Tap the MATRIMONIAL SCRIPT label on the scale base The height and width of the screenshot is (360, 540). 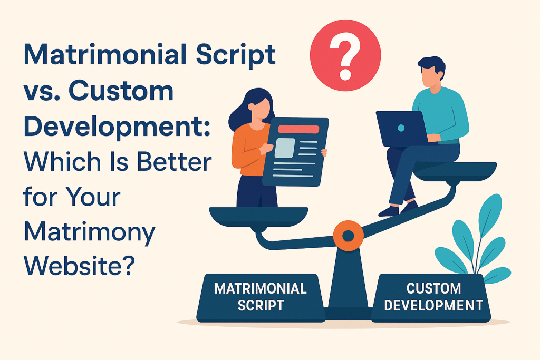click(x=261, y=296)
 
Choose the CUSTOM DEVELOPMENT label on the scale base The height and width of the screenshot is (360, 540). click(x=433, y=296)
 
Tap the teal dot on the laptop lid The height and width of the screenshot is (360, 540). click(x=401, y=128)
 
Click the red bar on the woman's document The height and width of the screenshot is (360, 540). click(x=298, y=129)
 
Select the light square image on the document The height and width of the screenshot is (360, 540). click(x=285, y=148)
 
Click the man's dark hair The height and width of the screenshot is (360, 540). click(x=430, y=66)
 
